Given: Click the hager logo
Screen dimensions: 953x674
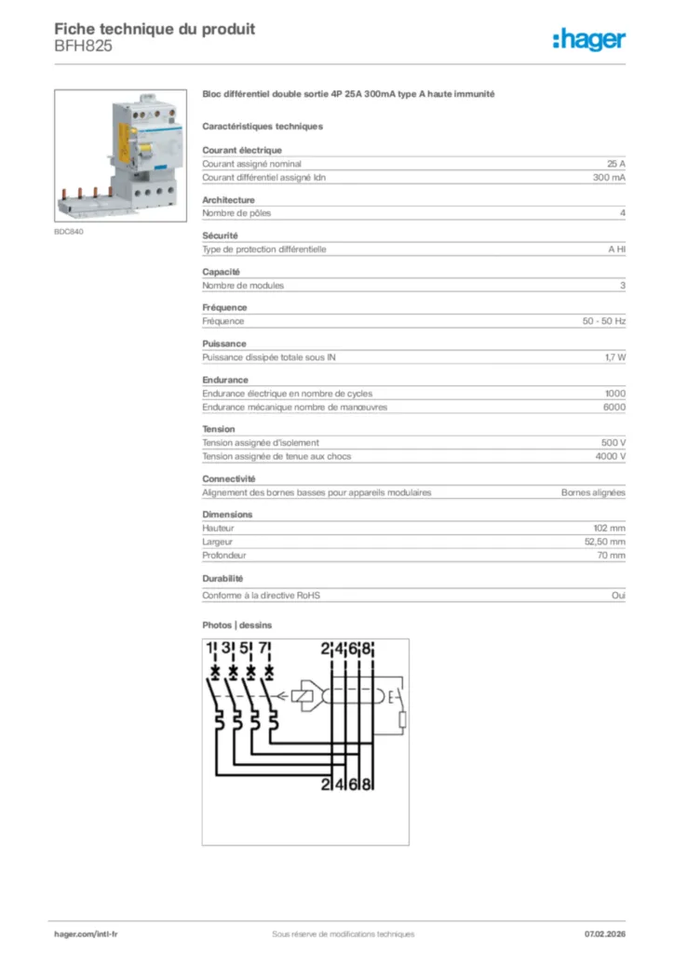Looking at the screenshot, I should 588,38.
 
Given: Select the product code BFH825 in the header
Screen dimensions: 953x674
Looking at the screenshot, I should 84,46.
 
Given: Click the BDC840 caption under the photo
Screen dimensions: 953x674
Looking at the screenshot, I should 69,232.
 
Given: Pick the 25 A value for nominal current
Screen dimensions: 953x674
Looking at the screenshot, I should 615,164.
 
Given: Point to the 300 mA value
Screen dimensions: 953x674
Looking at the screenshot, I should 609,177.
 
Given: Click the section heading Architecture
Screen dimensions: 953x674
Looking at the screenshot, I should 228,200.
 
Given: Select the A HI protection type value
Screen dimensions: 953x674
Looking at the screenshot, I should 616,249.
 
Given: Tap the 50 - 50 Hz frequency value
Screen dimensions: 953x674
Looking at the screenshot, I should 603,321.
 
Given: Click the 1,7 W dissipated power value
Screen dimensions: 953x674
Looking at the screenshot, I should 614,357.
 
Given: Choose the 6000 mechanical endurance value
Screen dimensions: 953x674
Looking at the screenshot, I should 614,407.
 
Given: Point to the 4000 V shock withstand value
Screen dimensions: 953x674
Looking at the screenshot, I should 610,456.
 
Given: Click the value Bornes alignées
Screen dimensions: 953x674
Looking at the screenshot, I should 593,492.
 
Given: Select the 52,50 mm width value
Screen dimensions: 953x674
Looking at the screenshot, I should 604,542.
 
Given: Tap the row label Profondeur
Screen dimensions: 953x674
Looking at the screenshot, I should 223,555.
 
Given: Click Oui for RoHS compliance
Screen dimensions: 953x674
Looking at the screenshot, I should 618,596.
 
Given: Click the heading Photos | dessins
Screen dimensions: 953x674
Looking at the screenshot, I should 237,625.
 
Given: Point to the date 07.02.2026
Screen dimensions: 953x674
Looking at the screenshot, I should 604,933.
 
